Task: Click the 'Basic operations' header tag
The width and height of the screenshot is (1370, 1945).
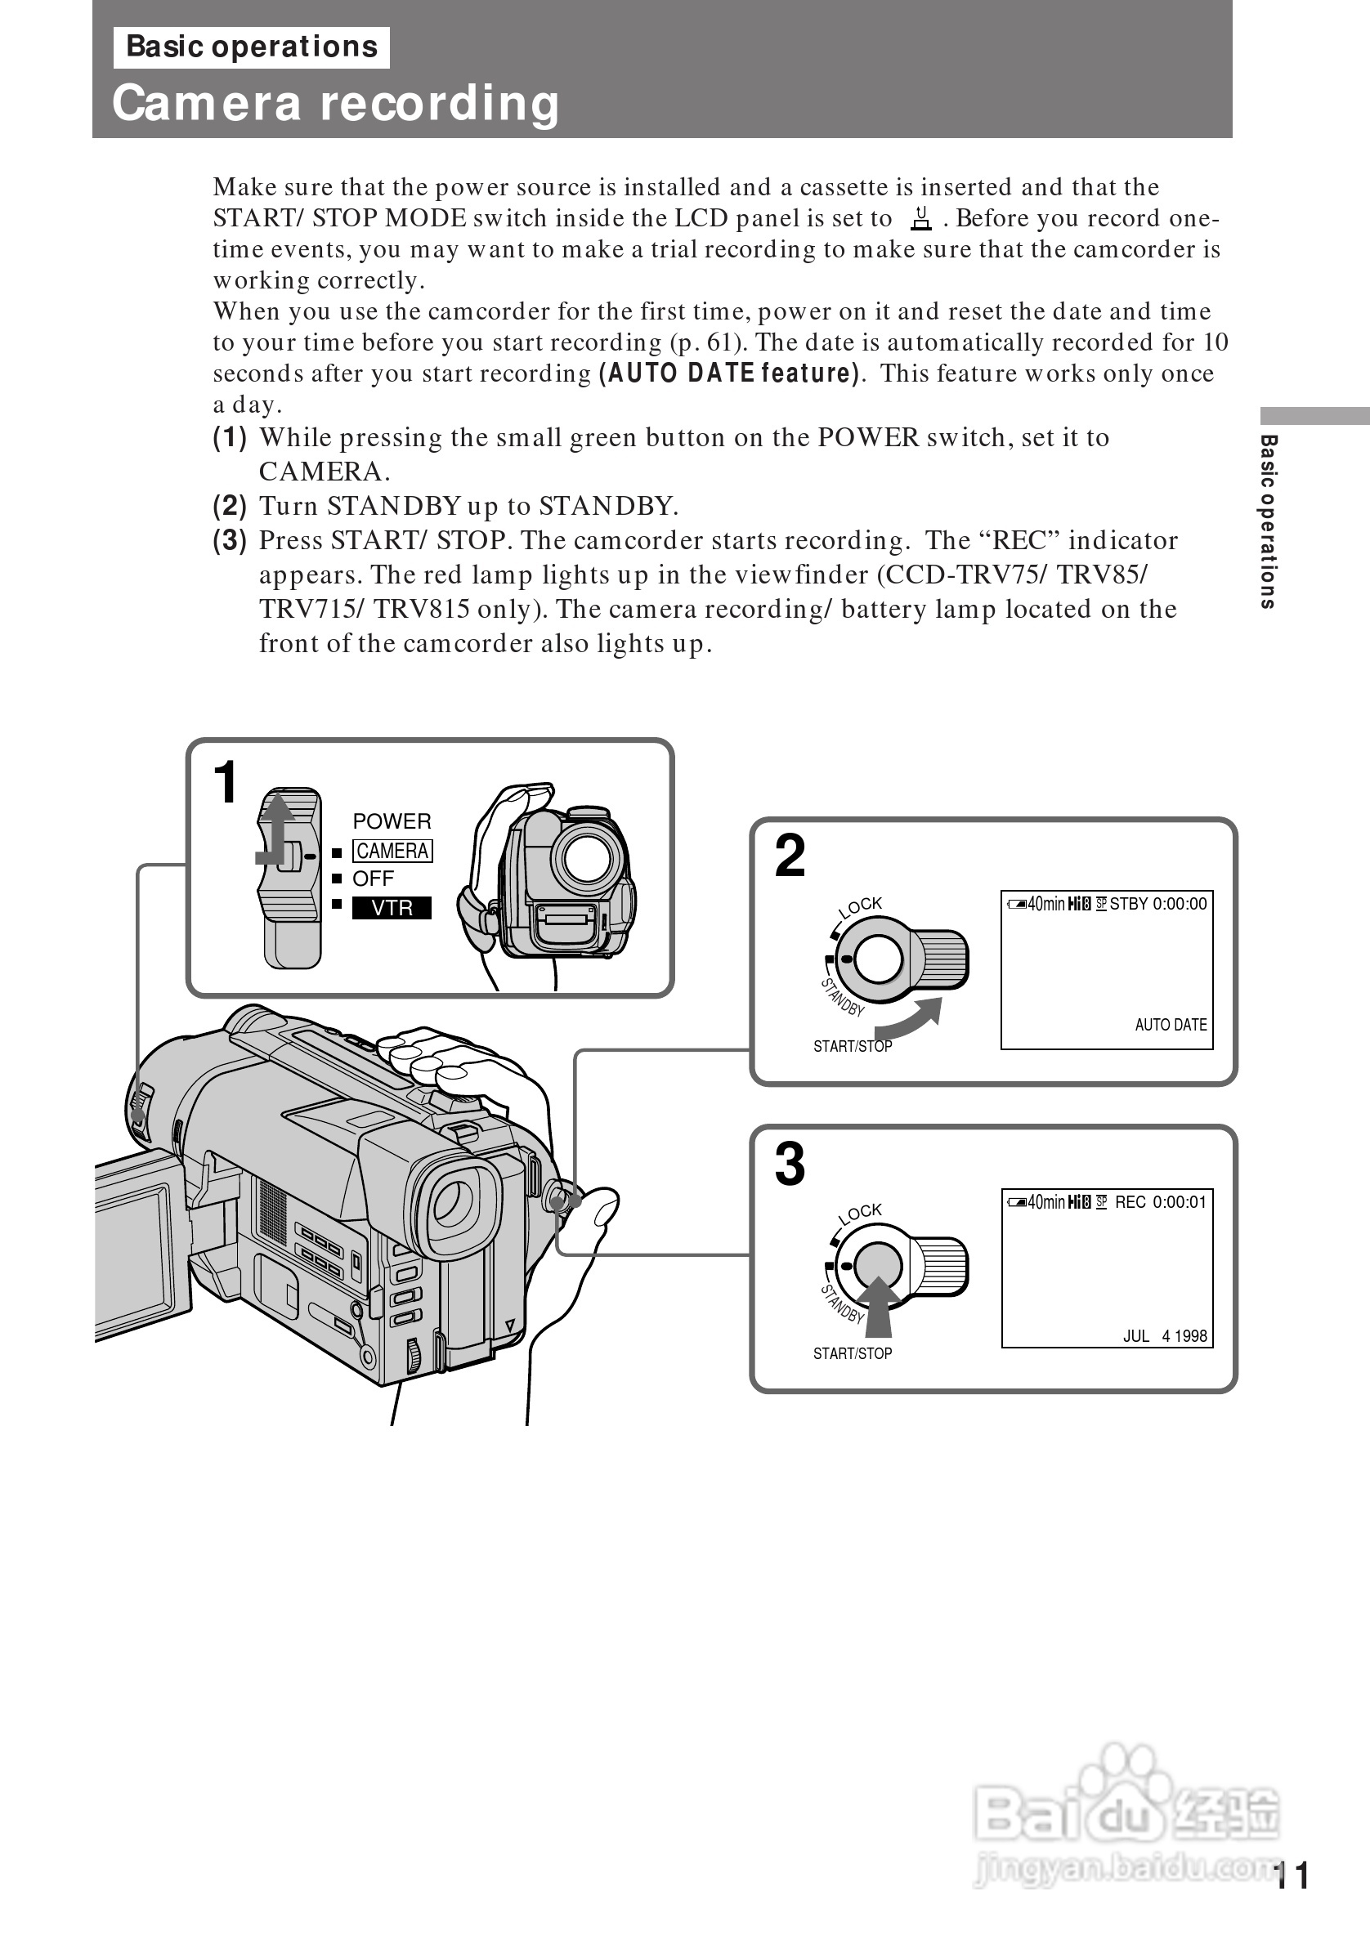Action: pyautogui.click(x=252, y=47)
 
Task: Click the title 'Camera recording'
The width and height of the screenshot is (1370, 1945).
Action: pyautogui.click(x=335, y=102)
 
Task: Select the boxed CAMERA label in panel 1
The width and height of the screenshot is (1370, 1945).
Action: pyautogui.click(x=392, y=851)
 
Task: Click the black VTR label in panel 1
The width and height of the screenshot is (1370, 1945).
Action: pyautogui.click(x=392, y=907)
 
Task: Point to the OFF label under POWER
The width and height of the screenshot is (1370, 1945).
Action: pyautogui.click(x=373, y=879)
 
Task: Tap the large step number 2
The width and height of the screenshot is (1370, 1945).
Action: pyautogui.click(x=790, y=856)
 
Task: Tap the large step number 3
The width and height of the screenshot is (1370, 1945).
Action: pyautogui.click(x=790, y=1165)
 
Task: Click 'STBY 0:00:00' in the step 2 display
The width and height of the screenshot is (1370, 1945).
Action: pyautogui.click(x=1157, y=904)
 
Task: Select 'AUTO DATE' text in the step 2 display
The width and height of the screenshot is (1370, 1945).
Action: pyautogui.click(x=1170, y=1025)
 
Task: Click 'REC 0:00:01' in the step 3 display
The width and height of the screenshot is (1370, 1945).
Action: pyautogui.click(x=1160, y=1202)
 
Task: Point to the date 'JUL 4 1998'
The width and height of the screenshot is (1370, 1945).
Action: pyautogui.click(x=1164, y=1336)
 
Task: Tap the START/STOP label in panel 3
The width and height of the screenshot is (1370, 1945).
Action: pyautogui.click(x=853, y=1353)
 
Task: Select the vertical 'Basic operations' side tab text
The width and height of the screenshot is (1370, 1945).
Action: pyautogui.click(x=1269, y=521)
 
